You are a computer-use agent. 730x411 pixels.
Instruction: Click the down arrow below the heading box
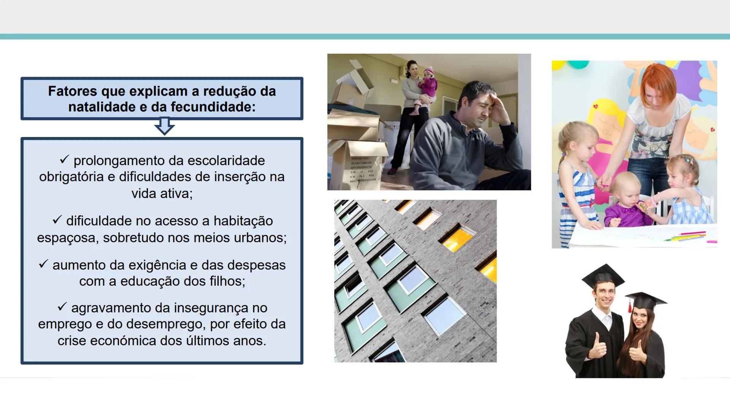click(x=164, y=126)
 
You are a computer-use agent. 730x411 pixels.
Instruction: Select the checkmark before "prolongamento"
click(x=64, y=159)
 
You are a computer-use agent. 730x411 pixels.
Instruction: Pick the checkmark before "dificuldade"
click(x=57, y=220)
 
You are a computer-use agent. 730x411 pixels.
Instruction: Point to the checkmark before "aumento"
click(x=43, y=264)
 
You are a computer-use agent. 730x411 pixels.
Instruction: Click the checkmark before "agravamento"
click(x=62, y=306)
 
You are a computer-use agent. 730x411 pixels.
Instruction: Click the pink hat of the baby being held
click(x=428, y=71)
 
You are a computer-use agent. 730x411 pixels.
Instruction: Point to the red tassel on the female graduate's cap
click(x=630, y=306)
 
